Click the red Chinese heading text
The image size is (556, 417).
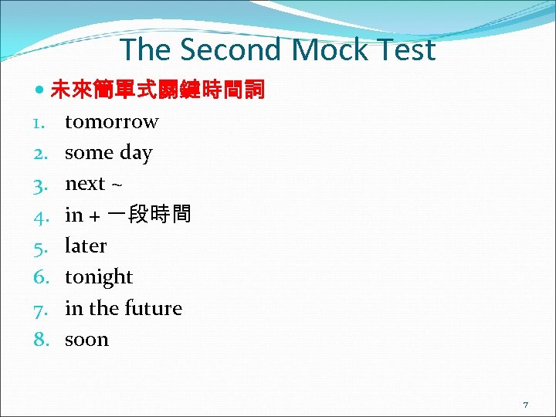click(158, 91)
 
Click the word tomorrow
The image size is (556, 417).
click(111, 122)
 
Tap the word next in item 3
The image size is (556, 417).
click(85, 184)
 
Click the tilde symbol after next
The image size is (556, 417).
click(117, 185)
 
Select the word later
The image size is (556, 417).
click(86, 246)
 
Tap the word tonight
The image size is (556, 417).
click(99, 277)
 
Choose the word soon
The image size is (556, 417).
click(86, 340)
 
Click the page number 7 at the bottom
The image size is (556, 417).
click(525, 405)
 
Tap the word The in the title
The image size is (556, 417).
click(146, 50)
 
